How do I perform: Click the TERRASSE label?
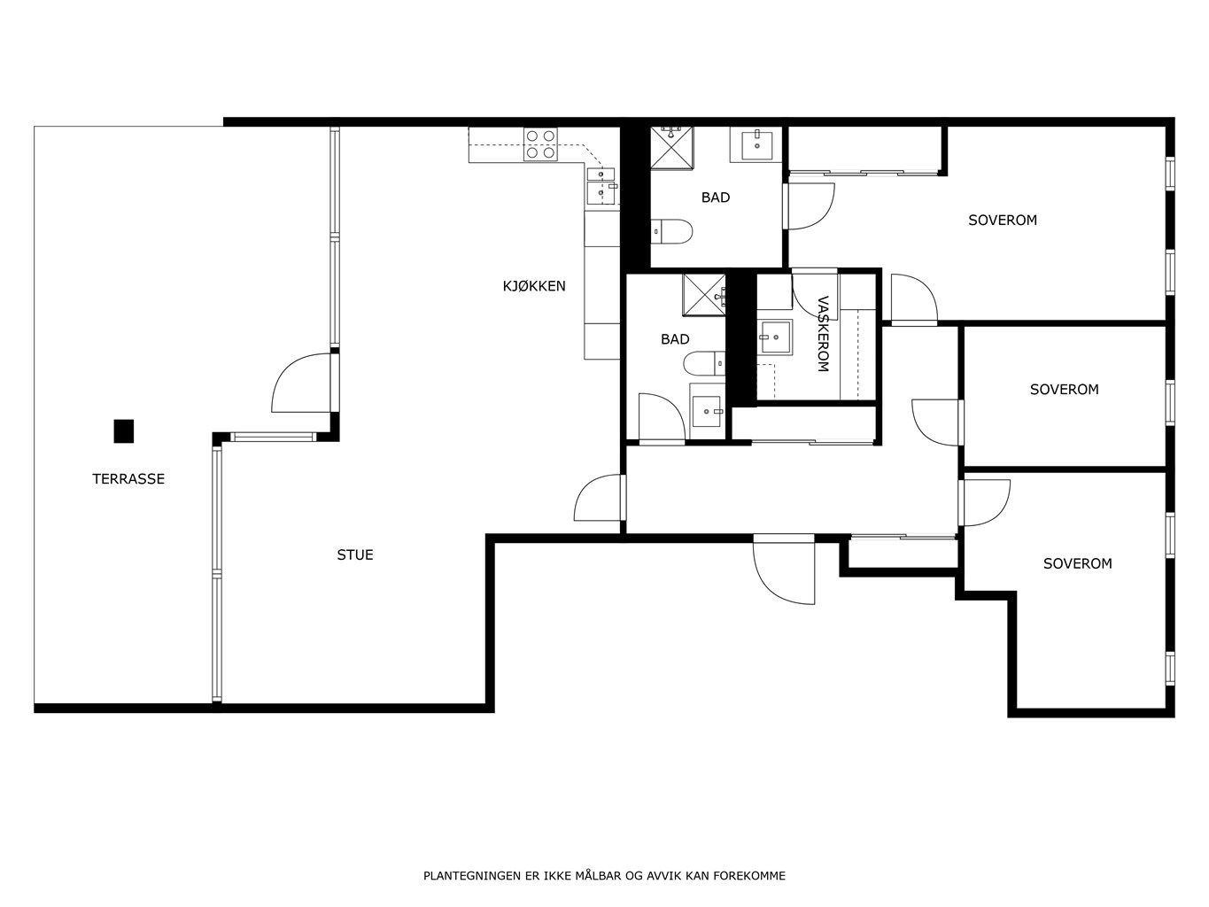pos(128,478)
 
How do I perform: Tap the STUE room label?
pos(354,554)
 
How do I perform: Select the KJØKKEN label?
pos(534,286)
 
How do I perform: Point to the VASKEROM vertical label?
pos(822,334)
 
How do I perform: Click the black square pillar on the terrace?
pos(124,431)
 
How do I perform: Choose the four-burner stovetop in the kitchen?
pos(540,144)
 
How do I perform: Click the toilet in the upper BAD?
pos(670,231)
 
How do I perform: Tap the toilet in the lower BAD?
pos(704,363)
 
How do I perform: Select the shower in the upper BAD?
pos(672,147)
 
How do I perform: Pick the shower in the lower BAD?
pos(704,295)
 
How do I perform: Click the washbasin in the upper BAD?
pos(756,144)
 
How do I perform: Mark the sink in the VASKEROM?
pos(775,337)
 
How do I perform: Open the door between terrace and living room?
pos(305,382)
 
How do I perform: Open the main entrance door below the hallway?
pos(784,569)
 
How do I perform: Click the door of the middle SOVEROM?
pos(937,422)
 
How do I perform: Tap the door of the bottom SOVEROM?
pos(984,503)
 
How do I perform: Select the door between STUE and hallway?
pos(600,497)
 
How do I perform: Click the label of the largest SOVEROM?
pos(1003,221)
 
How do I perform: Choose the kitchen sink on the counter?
pos(601,186)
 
